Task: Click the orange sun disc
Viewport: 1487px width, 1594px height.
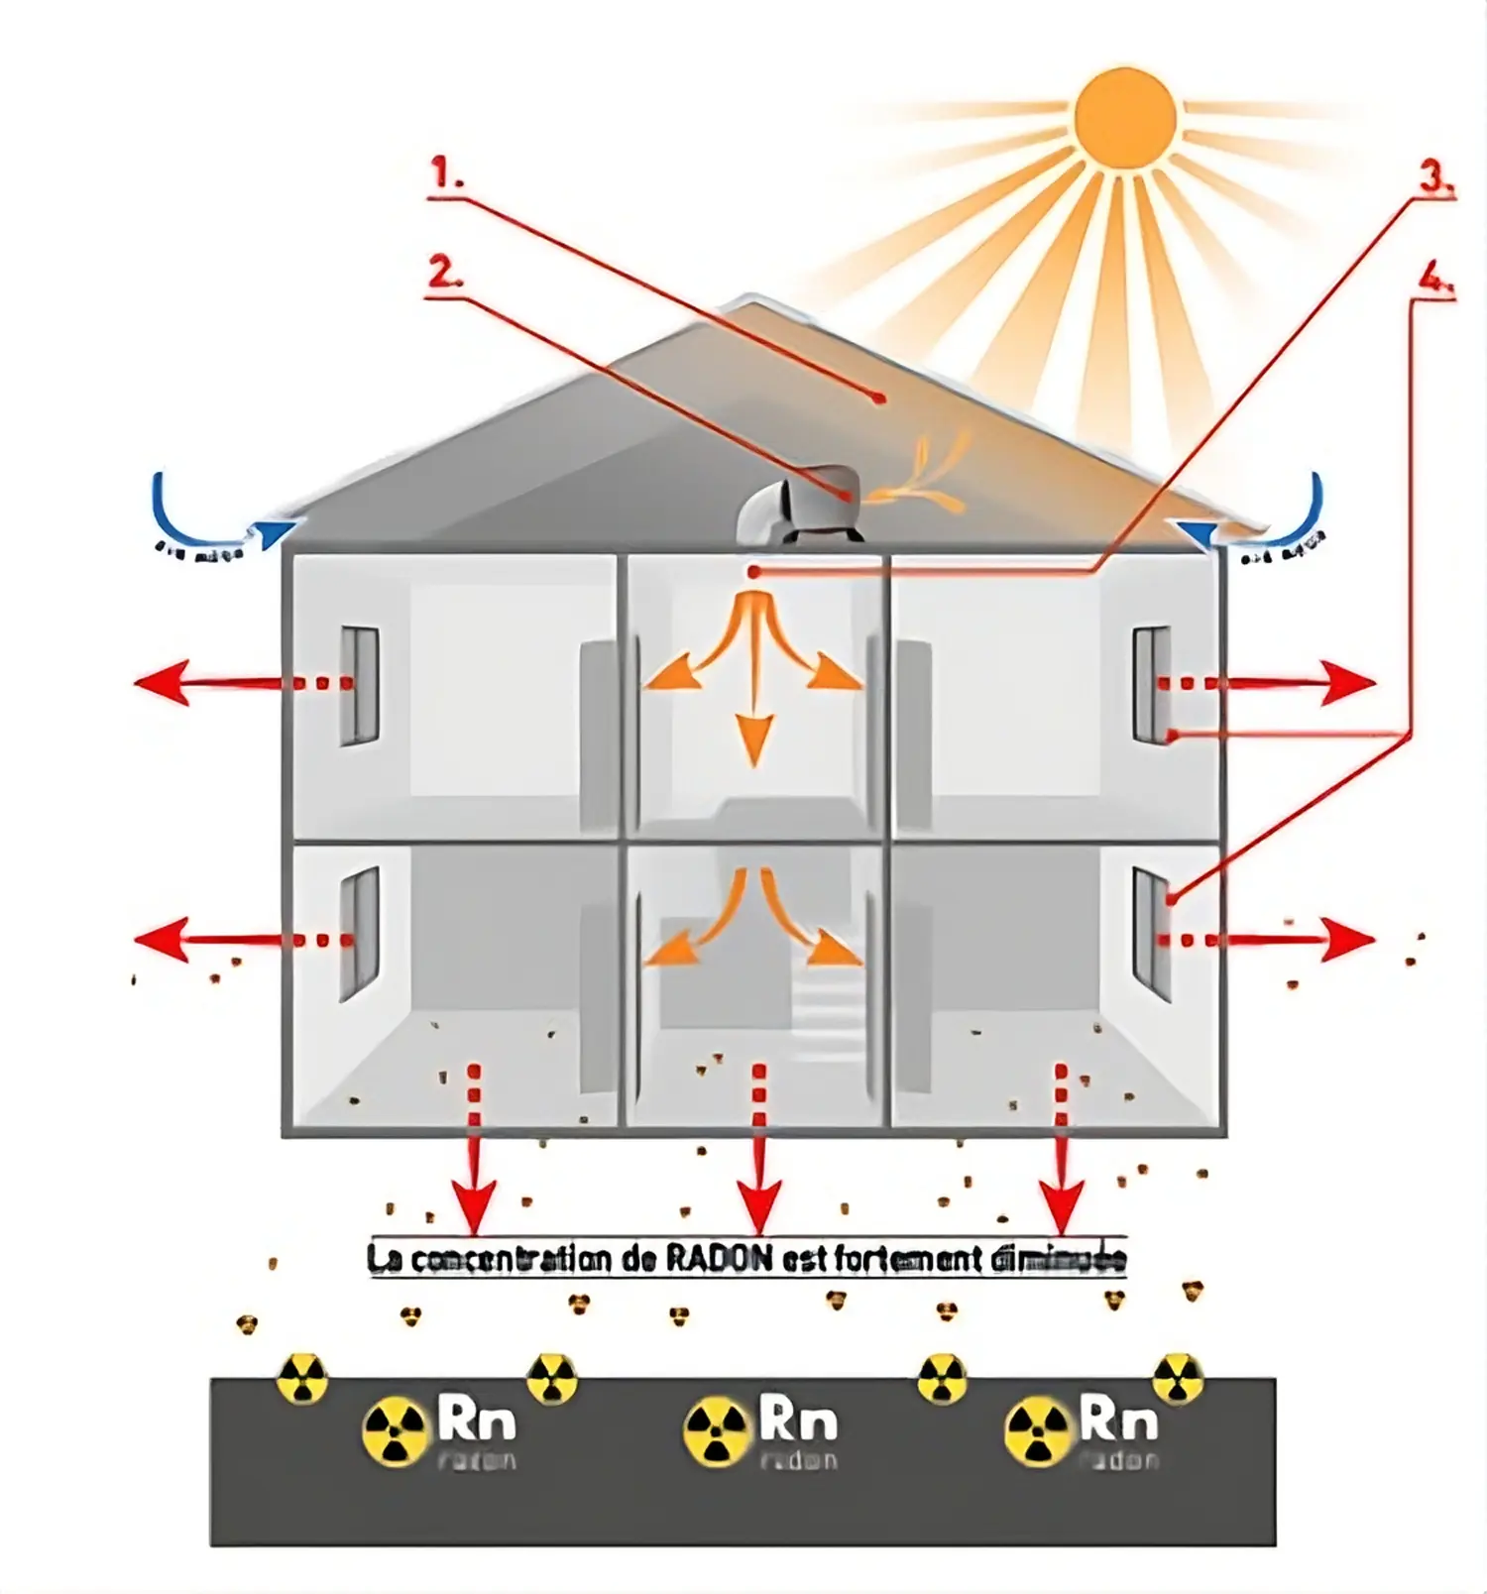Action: (x=1125, y=117)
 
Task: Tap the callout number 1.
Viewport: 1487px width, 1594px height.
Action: (x=446, y=175)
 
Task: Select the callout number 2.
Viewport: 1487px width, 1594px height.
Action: (x=445, y=271)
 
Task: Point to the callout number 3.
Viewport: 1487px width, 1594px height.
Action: (x=1435, y=177)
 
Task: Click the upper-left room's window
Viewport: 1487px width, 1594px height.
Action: (x=359, y=685)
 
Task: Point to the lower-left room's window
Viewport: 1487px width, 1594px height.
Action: (x=359, y=933)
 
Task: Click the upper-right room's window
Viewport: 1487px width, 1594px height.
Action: (x=1151, y=684)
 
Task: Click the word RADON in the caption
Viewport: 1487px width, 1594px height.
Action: (x=719, y=1259)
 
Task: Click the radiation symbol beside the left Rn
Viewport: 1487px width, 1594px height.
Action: (x=394, y=1431)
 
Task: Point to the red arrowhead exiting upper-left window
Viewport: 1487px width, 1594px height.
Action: (x=159, y=683)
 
